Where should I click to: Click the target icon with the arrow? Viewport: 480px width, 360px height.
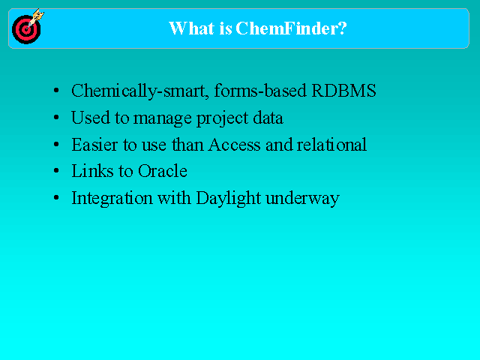(28, 27)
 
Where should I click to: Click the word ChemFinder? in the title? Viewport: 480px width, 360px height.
(291, 28)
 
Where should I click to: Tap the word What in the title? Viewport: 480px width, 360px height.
(191, 28)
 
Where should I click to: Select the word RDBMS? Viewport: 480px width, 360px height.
(343, 91)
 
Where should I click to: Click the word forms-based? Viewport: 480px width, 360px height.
(260, 91)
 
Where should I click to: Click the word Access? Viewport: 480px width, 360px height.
(234, 145)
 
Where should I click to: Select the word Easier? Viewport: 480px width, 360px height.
(95, 145)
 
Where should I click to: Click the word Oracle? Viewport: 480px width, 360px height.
(163, 171)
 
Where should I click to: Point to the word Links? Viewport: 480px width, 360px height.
(92, 171)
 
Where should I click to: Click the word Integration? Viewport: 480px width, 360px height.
(112, 199)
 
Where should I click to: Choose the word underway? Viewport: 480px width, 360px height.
(302, 199)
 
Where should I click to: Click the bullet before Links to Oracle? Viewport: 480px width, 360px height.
(56, 171)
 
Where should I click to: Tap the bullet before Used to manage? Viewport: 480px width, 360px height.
(56, 118)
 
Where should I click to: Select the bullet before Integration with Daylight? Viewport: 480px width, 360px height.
(56, 198)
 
